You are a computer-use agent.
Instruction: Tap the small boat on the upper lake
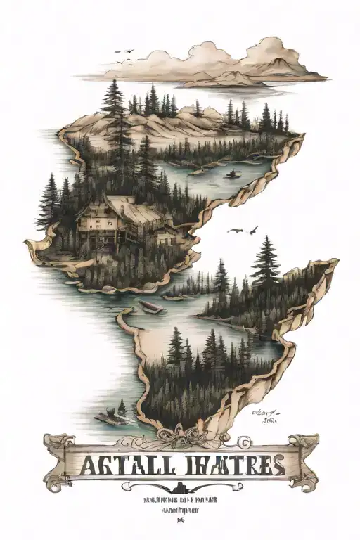click(x=232, y=173)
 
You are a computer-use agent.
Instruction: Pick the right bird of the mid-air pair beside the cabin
click(x=253, y=229)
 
